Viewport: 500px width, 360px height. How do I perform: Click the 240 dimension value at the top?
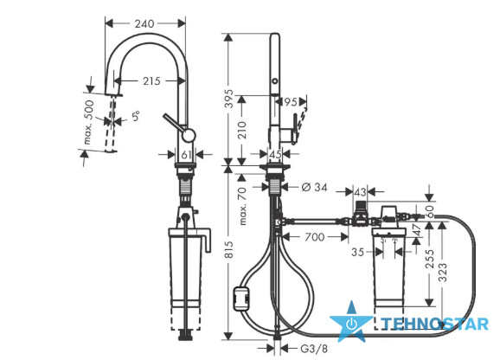point(144,23)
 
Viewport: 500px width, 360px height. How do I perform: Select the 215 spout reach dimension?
point(151,81)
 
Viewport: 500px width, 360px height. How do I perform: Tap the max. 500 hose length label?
point(88,122)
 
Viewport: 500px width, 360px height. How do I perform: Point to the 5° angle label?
point(136,115)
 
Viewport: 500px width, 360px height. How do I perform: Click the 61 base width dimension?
point(186,155)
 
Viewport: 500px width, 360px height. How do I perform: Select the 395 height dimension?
point(229,99)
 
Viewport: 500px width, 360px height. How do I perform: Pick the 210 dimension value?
point(242,130)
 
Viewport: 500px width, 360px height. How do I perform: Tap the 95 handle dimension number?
point(290,102)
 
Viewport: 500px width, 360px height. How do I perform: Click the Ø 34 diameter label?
point(314,187)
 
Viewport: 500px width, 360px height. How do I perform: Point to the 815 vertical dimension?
point(229,250)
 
